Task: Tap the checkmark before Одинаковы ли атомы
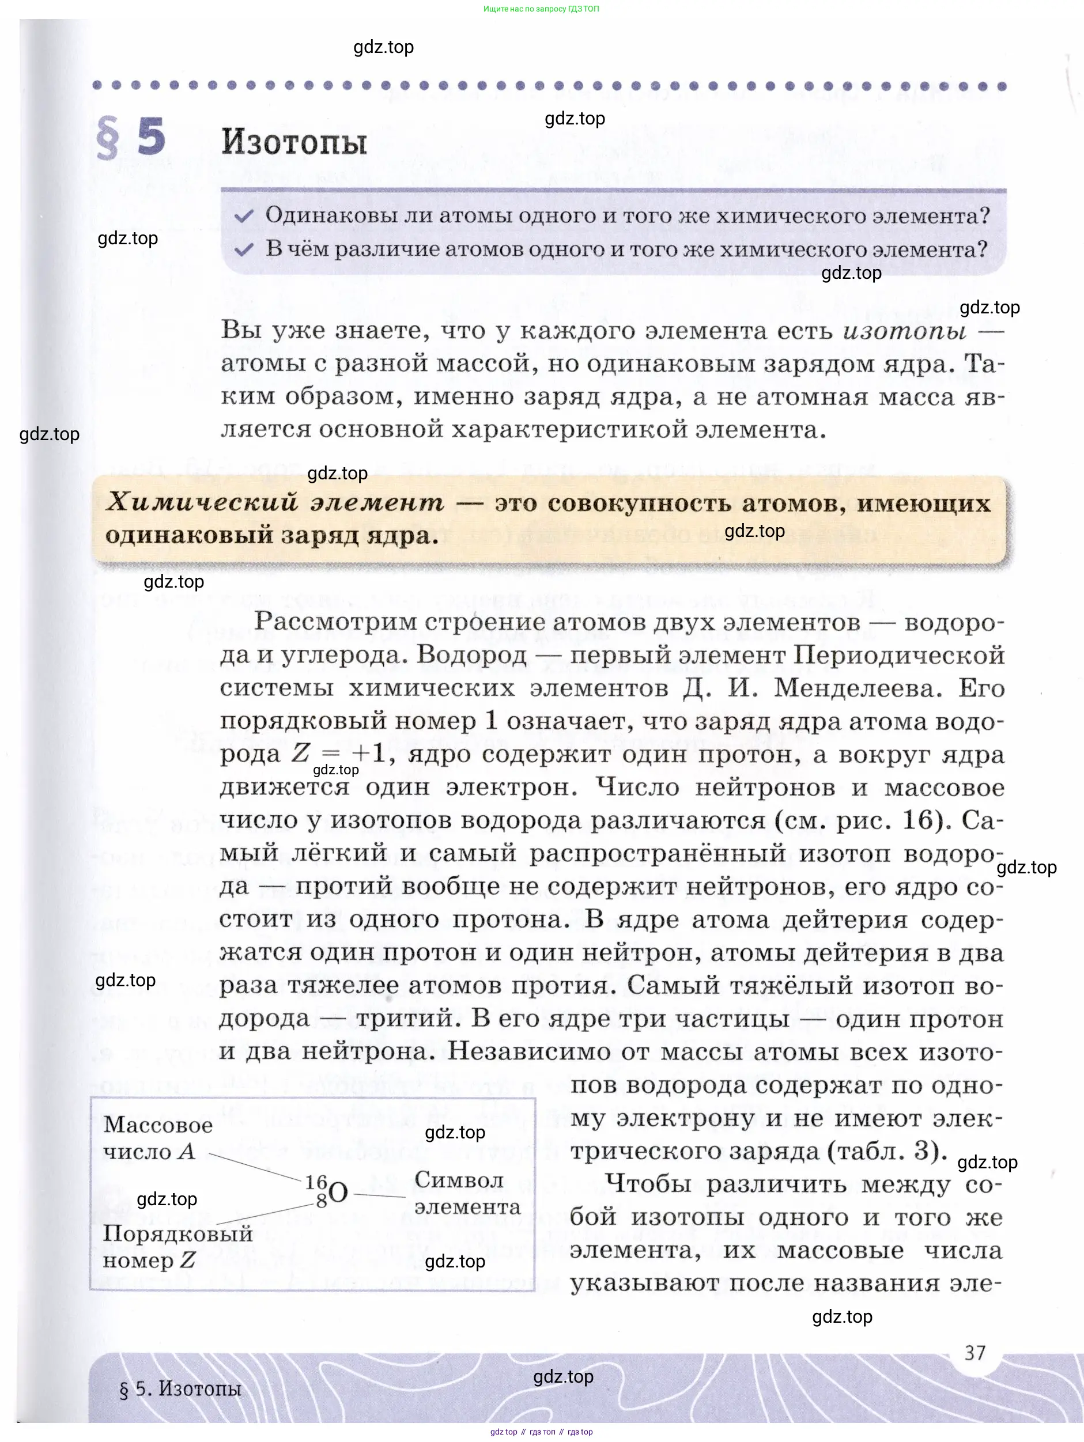coord(243,217)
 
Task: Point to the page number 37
coord(975,1353)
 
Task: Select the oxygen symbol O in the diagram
coord(338,1193)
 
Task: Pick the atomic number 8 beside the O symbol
coord(321,1201)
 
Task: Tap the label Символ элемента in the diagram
coord(467,1193)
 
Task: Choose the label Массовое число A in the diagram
coord(158,1138)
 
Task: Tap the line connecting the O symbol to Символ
coord(380,1195)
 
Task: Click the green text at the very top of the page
coord(541,9)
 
